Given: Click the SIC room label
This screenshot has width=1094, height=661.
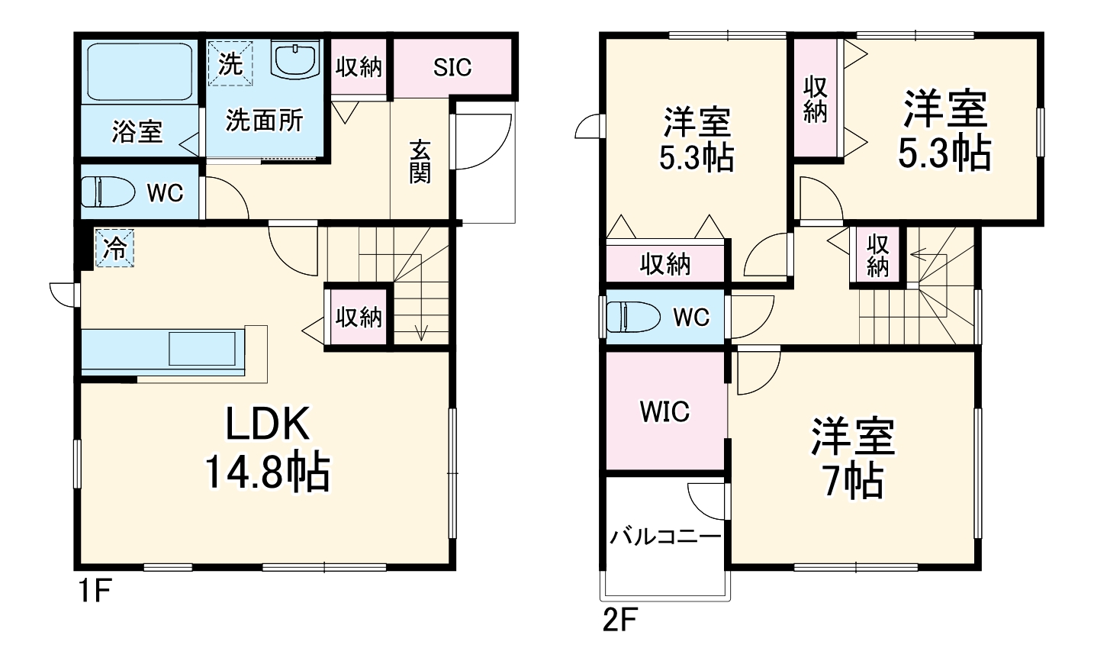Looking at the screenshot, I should point(452,67).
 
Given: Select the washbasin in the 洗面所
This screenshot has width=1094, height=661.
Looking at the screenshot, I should point(295,60).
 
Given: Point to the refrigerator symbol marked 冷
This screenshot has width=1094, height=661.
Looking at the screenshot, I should point(114,248).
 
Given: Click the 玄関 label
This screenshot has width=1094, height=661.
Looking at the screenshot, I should point(420,161).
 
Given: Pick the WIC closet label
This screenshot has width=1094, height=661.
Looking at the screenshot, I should point(664,412).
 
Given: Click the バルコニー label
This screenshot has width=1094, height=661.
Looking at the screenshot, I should point(664,537).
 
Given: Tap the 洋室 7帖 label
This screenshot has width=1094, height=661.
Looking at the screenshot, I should point(852,458).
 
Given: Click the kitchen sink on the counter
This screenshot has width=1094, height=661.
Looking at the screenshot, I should point(202,348).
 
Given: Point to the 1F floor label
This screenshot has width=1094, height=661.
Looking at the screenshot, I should point(94,592).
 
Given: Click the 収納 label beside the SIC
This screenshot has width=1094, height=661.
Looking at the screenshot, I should point(359,67).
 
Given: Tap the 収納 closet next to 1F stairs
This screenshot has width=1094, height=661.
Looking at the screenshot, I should point(359,316).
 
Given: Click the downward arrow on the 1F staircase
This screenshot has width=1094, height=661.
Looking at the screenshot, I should point(420,331).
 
